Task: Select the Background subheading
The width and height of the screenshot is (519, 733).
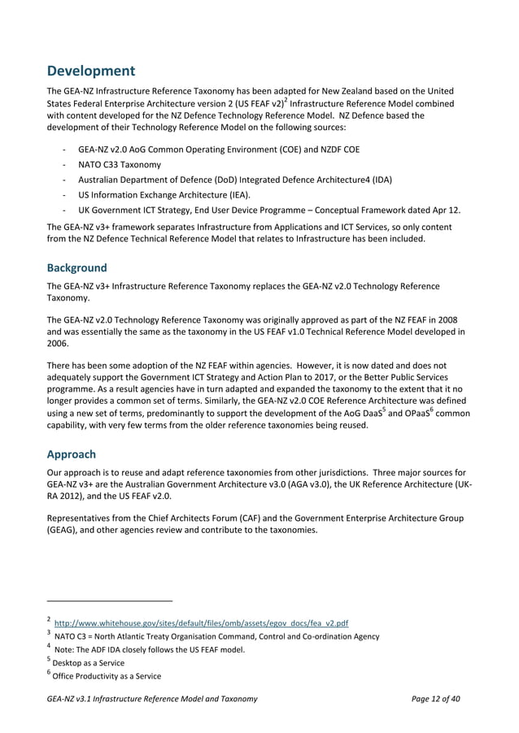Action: pyautogui.click(x=76, y=267)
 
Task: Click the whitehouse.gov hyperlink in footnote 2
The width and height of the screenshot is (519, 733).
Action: pyautogui.click(x=201, y=623)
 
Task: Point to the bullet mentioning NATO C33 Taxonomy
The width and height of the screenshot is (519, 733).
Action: pyautogui.click(x=120, y=165)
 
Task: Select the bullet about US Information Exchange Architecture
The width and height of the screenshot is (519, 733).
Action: pyautogui.click(x=164, y=194)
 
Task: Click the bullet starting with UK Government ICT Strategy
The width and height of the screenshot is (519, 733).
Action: pyautogui.click(x=268, y=209)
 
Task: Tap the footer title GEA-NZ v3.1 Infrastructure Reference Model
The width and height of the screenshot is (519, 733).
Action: pyautogui.click(x=152, y=699)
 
